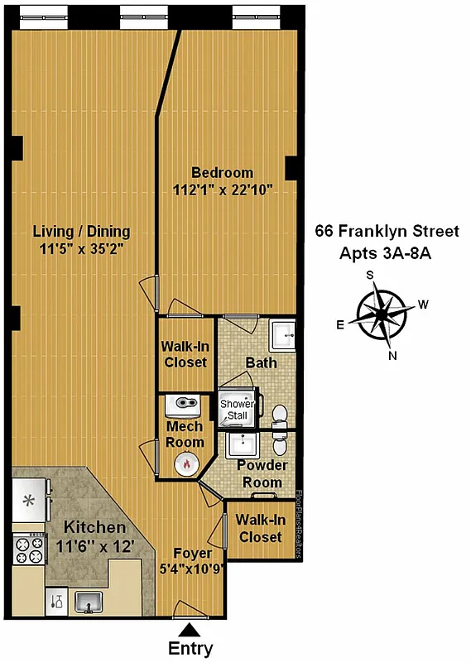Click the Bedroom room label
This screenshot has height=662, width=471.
tap(222, 173)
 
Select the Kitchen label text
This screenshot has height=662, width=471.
tap(95, 527)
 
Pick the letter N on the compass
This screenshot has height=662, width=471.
tap(393, 356)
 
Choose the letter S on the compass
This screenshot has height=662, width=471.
tap(371, 276)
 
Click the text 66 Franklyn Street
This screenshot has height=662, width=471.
tap(387, 232)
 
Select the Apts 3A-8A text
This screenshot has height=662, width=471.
tap(387, 253)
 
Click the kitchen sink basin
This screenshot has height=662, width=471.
tap(88, 602)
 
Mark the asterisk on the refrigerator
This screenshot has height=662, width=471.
tap(28, 499)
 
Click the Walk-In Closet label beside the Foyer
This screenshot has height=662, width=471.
tap(259, 528)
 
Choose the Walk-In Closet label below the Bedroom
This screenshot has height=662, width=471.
tap(185, 355)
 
